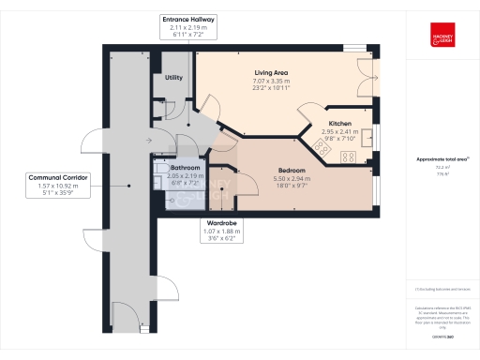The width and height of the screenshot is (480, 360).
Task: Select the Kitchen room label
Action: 339,124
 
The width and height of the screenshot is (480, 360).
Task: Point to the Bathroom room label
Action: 185,168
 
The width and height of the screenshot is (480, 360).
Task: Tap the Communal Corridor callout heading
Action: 57,176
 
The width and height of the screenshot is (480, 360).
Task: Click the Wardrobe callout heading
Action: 221,224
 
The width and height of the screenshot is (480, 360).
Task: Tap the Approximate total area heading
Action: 441,159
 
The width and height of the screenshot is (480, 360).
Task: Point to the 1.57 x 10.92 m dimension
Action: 57,185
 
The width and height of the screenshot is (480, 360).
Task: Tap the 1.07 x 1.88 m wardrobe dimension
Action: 221,232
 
